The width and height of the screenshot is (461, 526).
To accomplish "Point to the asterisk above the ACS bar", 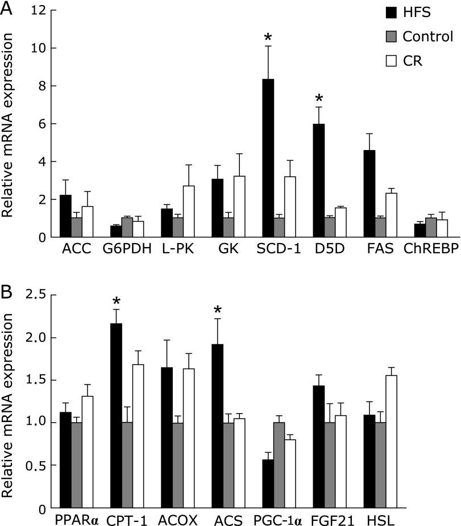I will pos(217,310).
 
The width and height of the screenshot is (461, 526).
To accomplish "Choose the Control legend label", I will pos(427,37).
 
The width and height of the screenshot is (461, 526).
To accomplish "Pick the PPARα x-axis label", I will pos(78,519).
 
